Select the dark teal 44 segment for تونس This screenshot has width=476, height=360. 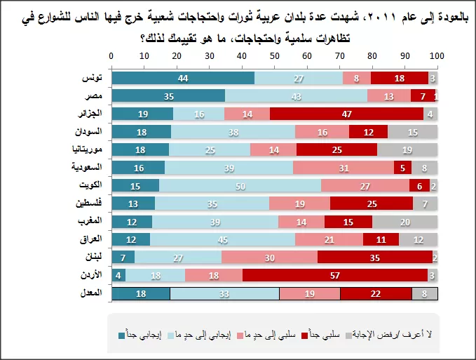point(183,78)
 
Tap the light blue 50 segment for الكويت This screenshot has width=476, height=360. point(240,185)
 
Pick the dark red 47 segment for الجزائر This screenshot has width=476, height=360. point(346,114)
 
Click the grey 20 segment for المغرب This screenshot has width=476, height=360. point(405,221)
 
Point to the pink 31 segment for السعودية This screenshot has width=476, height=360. point(343,167)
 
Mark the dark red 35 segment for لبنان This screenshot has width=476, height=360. point(374,257)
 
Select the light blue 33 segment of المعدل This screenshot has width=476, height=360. point(224,293)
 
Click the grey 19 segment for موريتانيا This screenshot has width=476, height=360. point(407,149)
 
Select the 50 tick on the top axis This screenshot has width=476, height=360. point(274,56)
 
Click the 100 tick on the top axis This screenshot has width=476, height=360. point(436,56)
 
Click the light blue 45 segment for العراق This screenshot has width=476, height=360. point(222,239)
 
